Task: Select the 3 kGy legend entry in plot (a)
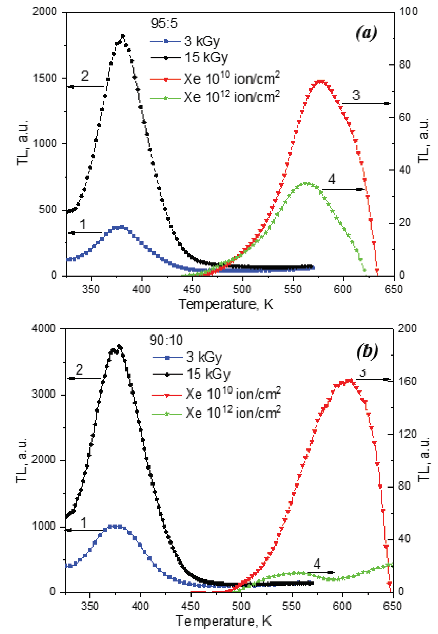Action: [x=202, y=41]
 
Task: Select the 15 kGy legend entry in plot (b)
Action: [x=208, y=374]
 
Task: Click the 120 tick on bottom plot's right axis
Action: [x=407, y=434]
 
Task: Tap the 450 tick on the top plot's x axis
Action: [x=192, y=289]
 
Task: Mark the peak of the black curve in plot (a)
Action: [x=123, y=36]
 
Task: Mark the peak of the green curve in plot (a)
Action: [x=305, y=183]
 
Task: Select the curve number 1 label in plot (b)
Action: [x=84, y=522]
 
